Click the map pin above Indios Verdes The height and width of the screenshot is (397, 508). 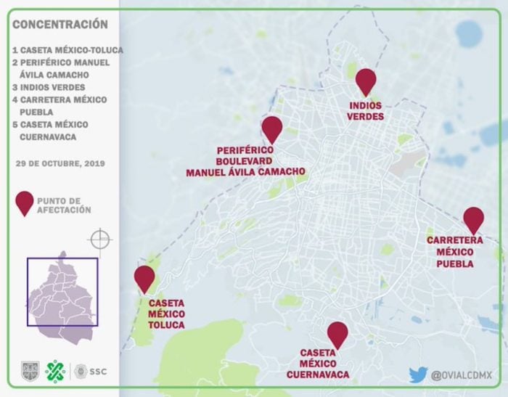366,81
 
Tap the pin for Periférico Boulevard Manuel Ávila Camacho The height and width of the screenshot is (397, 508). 271,128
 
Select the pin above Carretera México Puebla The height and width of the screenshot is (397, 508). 473,218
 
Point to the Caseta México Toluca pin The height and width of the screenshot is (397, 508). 144,277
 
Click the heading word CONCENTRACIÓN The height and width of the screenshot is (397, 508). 60,25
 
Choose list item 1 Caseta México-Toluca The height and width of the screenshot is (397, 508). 67,50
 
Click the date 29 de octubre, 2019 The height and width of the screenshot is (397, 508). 60,163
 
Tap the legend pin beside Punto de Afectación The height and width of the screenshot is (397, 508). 25,203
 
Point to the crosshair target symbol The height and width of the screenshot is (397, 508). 99,239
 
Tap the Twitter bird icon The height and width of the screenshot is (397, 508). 417,375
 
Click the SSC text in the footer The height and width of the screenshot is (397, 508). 98,372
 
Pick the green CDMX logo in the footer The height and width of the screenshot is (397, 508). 55,372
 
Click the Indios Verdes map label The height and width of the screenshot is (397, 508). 365,111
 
